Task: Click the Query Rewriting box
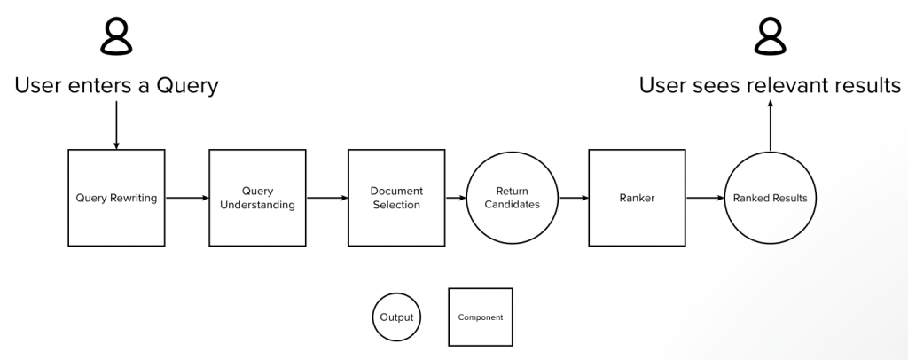click(x=116, y=198)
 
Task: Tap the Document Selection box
click(x=395, y=198)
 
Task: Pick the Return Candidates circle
click(x=512, y=198)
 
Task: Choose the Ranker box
click(x=636, y=198)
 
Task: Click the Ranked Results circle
click(x=770, y=198)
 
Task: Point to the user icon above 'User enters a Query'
click(x=116, y=38)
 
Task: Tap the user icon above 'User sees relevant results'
click(x=770, y=38)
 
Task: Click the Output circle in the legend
click(x=396, y=317)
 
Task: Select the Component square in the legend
click(x=480, y=317)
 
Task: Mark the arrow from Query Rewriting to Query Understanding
click(x=186, y=198)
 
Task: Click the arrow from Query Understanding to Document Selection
click(x=326, y=198)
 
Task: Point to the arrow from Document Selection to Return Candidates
click(x=455, y=198)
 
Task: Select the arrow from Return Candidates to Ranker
click(x=573, y=198)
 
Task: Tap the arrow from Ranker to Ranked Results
click(x=705, y=198)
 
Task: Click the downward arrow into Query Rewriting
click(x=116, y=124)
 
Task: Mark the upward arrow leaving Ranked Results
click(x=770, y=124)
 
